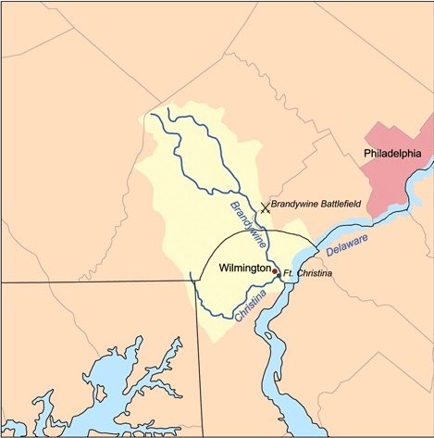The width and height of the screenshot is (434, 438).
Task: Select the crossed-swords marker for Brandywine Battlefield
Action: (266, 208)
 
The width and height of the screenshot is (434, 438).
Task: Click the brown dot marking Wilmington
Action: (275, 270)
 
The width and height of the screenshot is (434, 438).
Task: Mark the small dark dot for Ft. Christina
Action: (279, 274)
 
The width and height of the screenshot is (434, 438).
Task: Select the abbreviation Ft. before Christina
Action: (288, 274)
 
